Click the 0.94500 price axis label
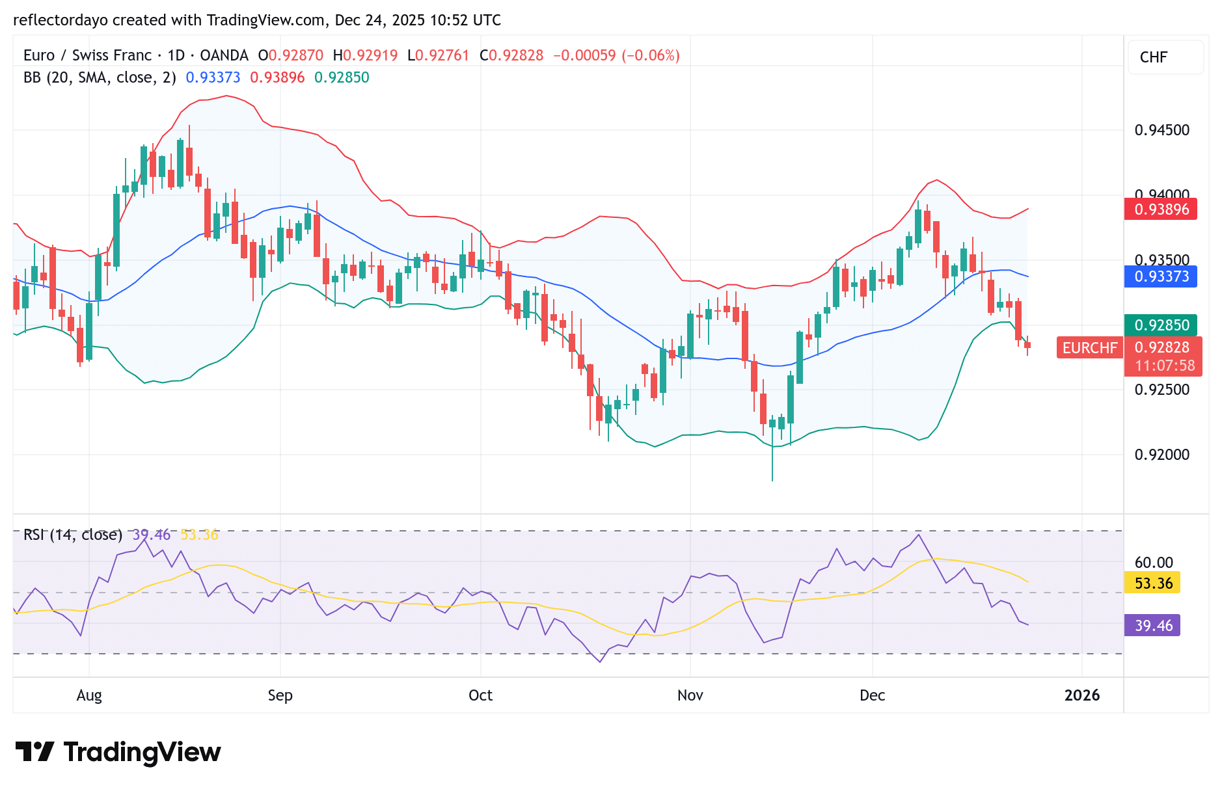(x=1161, y=130)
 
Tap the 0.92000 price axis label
(x=1161, y=455)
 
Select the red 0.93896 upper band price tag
(x=1161, y=209)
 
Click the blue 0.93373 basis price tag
(x=1161, y=276)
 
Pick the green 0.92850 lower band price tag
(x=1161, y=325)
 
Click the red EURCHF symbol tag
(x=1089, y=348)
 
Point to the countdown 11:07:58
(x=1165, y=366)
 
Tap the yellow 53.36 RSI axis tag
(x=1152, y=583)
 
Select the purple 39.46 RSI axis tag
(x=1152, y=626)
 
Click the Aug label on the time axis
(x=89, y=695)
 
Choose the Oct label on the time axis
(x=480, y=695)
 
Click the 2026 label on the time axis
(x=1081, y=695)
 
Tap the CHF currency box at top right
(x=1154, y=57)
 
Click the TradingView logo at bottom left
(x=118, y=752)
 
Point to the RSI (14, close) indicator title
(x=73, y=535)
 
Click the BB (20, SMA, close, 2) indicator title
(x=100, y=77)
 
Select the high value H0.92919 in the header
(x=365, y=55)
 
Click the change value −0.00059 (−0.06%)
(x=616, y=55)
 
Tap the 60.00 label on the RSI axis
(x=1154, y=563)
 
